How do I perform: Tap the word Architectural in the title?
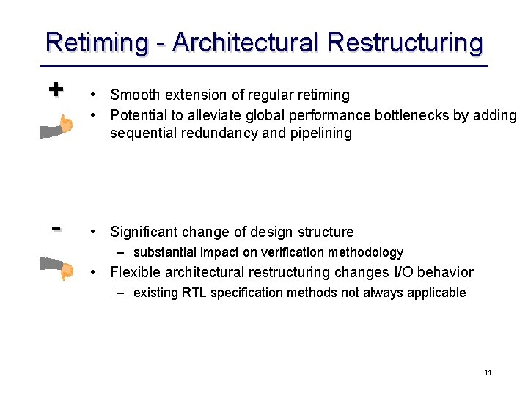[246, 43]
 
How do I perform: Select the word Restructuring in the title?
[406, 43]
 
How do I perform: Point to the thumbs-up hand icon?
[56, 127]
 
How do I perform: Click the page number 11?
[488, 373]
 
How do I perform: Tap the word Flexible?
[135, 273]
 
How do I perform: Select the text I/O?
[401, 273]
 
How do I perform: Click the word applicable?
[438, 293]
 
